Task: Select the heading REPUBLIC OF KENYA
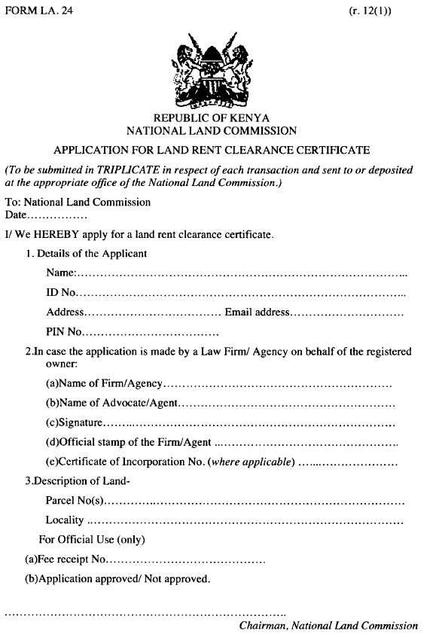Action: (x=211, y=118)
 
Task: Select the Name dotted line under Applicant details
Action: (x=241, y=273)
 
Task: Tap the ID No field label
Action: (x=61, y=292)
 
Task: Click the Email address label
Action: (x=257, y=312)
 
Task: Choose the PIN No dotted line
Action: (x=151, y=332)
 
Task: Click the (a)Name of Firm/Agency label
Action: (x=104, y=384)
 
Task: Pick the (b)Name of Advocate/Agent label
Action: (x=111, y=403)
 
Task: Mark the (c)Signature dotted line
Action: (x=248, y=422)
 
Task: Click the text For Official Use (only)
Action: (x=91, y=540)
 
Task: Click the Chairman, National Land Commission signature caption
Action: (x=328, y=626)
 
